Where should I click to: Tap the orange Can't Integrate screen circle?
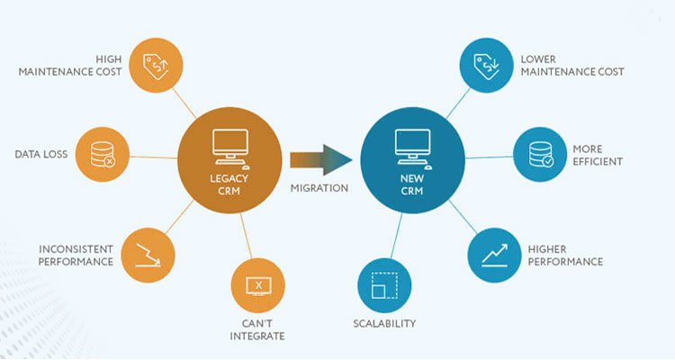click(x=258, y=286)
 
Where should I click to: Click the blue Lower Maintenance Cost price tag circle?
click(x=484, y=65)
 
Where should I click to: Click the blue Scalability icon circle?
click(x=383, y=286)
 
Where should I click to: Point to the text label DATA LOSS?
click(x=40, y=155)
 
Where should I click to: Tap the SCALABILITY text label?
click(x=383, y=323)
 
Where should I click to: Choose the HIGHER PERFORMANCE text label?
click(x=565, y=255)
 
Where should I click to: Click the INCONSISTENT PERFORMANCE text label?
click(x=76, y=255)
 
